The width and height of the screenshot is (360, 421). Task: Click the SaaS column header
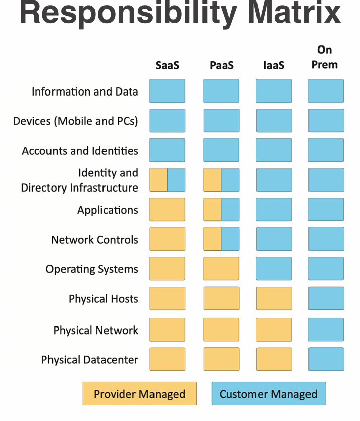[167, 66]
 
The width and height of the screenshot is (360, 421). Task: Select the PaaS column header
[221, 66]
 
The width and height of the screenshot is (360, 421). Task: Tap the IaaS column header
[274, 66]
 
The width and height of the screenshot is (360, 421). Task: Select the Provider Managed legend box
[140, 394]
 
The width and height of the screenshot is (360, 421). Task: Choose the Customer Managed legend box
[268, 394]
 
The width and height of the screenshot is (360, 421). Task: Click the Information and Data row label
[85, 91]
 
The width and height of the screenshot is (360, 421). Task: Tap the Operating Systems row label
[92, 269]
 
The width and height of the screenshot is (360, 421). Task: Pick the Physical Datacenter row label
[90, 360]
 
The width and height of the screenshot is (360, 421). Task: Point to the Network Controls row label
[94, 240]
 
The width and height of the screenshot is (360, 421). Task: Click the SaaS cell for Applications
[167, 210]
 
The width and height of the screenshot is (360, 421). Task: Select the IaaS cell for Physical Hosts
[274, 298]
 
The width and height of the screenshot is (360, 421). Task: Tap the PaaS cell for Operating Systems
[222, 269]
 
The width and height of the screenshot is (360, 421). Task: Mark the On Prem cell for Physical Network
[326, 330]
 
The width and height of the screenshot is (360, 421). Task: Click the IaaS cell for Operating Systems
[274, 269]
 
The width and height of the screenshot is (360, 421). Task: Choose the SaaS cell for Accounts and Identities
[167, 150]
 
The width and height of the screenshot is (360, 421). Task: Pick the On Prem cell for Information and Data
[326, 91]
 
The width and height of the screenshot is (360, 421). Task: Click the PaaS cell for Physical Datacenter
[222, 359]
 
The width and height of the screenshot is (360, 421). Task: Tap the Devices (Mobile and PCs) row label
[76, 121]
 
